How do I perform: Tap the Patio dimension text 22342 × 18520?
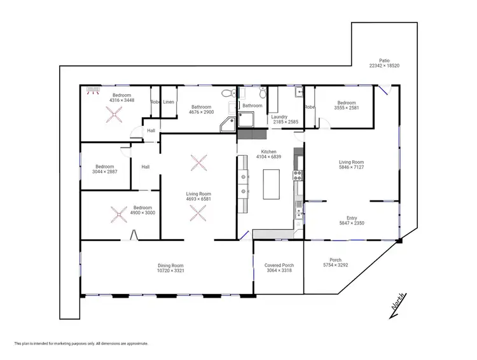tap(384, 66)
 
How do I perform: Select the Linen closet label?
tap(169, 102)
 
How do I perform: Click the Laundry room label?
tap(279, 117)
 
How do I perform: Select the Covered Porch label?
tap(279, 265)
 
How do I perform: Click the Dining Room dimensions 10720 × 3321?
tap(170, 271)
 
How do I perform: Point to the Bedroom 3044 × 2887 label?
tap(104, 167)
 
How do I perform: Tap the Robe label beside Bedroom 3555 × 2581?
tap(310, 107)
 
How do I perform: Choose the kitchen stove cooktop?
tap(296, 175)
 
